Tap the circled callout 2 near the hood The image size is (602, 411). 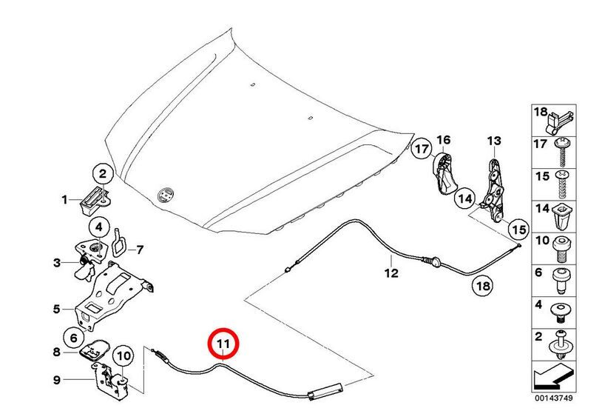coord(103,175)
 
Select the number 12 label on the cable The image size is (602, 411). coord(390,272)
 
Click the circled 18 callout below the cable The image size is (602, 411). coord(481,285)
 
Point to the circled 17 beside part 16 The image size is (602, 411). coord(422,150)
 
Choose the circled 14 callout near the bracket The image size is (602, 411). coord(464,198)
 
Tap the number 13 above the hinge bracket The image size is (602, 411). coord(493,141)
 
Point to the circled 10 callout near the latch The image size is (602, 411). coord(123,356)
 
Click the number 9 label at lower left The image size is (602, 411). coord(56,381)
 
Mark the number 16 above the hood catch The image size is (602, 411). coord(443,139)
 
